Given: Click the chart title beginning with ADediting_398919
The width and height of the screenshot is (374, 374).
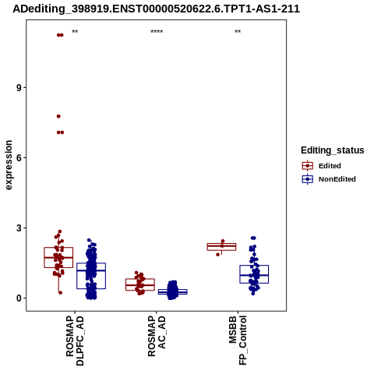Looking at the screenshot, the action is (157, 9).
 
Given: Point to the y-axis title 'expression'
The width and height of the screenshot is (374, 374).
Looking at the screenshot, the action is (9, 165).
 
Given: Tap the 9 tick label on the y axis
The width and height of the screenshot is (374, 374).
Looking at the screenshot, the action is (19, 87).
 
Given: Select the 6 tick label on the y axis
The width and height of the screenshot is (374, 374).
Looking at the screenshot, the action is (19, 157).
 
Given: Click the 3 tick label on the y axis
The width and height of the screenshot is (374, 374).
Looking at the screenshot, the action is (19, 228).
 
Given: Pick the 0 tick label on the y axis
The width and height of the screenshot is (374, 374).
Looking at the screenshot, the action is (19, 298).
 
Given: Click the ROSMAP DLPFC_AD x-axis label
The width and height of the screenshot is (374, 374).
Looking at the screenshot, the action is (75, 340).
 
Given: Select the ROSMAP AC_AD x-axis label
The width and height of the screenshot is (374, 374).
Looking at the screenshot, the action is (157, 336).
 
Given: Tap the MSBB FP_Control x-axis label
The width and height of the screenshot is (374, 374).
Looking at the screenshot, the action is (238, 340).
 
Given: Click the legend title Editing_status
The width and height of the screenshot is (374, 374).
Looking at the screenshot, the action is (333, 150).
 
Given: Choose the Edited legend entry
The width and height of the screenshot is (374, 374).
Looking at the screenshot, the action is (321, 166).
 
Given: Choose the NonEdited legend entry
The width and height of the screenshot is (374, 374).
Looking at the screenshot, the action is (329, 179).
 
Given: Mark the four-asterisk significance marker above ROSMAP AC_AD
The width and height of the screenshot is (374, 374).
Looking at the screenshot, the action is (157, 32).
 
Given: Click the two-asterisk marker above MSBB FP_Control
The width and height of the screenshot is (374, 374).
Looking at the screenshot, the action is (238, 32).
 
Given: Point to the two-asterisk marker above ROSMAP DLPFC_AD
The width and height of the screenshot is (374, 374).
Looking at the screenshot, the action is (75, 32).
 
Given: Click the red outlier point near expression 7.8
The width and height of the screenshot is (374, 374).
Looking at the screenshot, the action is (58, 116).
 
